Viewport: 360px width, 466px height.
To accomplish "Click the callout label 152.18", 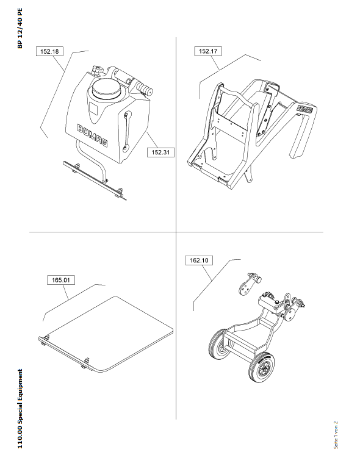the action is (49, 51).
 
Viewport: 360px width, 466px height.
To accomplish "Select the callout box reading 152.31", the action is (161, 152).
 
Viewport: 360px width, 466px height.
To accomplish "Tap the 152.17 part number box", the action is (208, 51).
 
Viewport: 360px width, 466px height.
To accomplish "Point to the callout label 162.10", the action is (199, 260).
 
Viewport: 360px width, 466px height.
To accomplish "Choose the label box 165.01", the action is (61, 280).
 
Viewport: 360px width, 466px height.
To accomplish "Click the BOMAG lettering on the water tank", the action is (92, 135).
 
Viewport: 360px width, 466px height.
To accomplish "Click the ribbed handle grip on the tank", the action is (144, 88).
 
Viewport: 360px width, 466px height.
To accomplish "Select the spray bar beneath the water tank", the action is (95, 181).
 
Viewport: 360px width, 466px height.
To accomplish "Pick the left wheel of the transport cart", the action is (219, 344).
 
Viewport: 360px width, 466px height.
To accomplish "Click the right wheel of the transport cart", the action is (261, 367).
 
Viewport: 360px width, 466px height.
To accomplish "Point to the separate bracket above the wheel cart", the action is (249, 285).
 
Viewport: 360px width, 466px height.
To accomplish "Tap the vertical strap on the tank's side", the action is (127, 131).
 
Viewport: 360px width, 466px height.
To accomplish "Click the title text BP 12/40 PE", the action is (20, 28).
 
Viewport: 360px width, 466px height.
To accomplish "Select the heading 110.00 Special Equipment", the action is (20, 409).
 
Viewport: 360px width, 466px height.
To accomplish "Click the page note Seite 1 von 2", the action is (336, 434).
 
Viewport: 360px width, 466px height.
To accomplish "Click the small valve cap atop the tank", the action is (97, 70).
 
